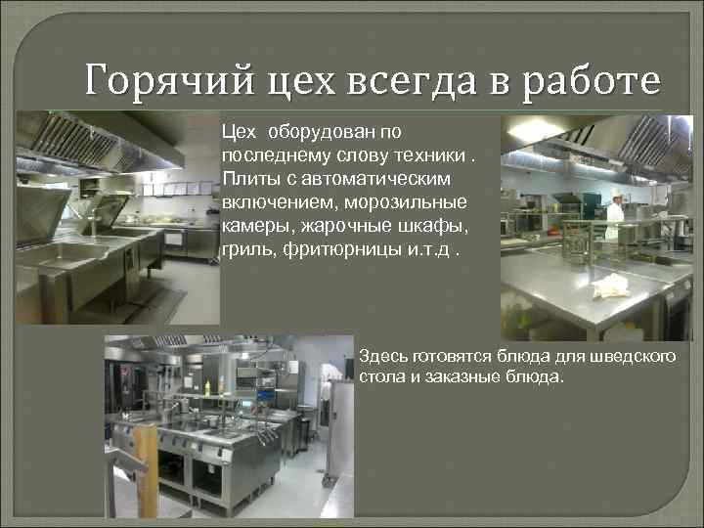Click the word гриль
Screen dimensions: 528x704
point(245,251)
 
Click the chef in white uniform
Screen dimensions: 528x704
point(614,218)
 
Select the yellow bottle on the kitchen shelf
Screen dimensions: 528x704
point(206,386)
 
